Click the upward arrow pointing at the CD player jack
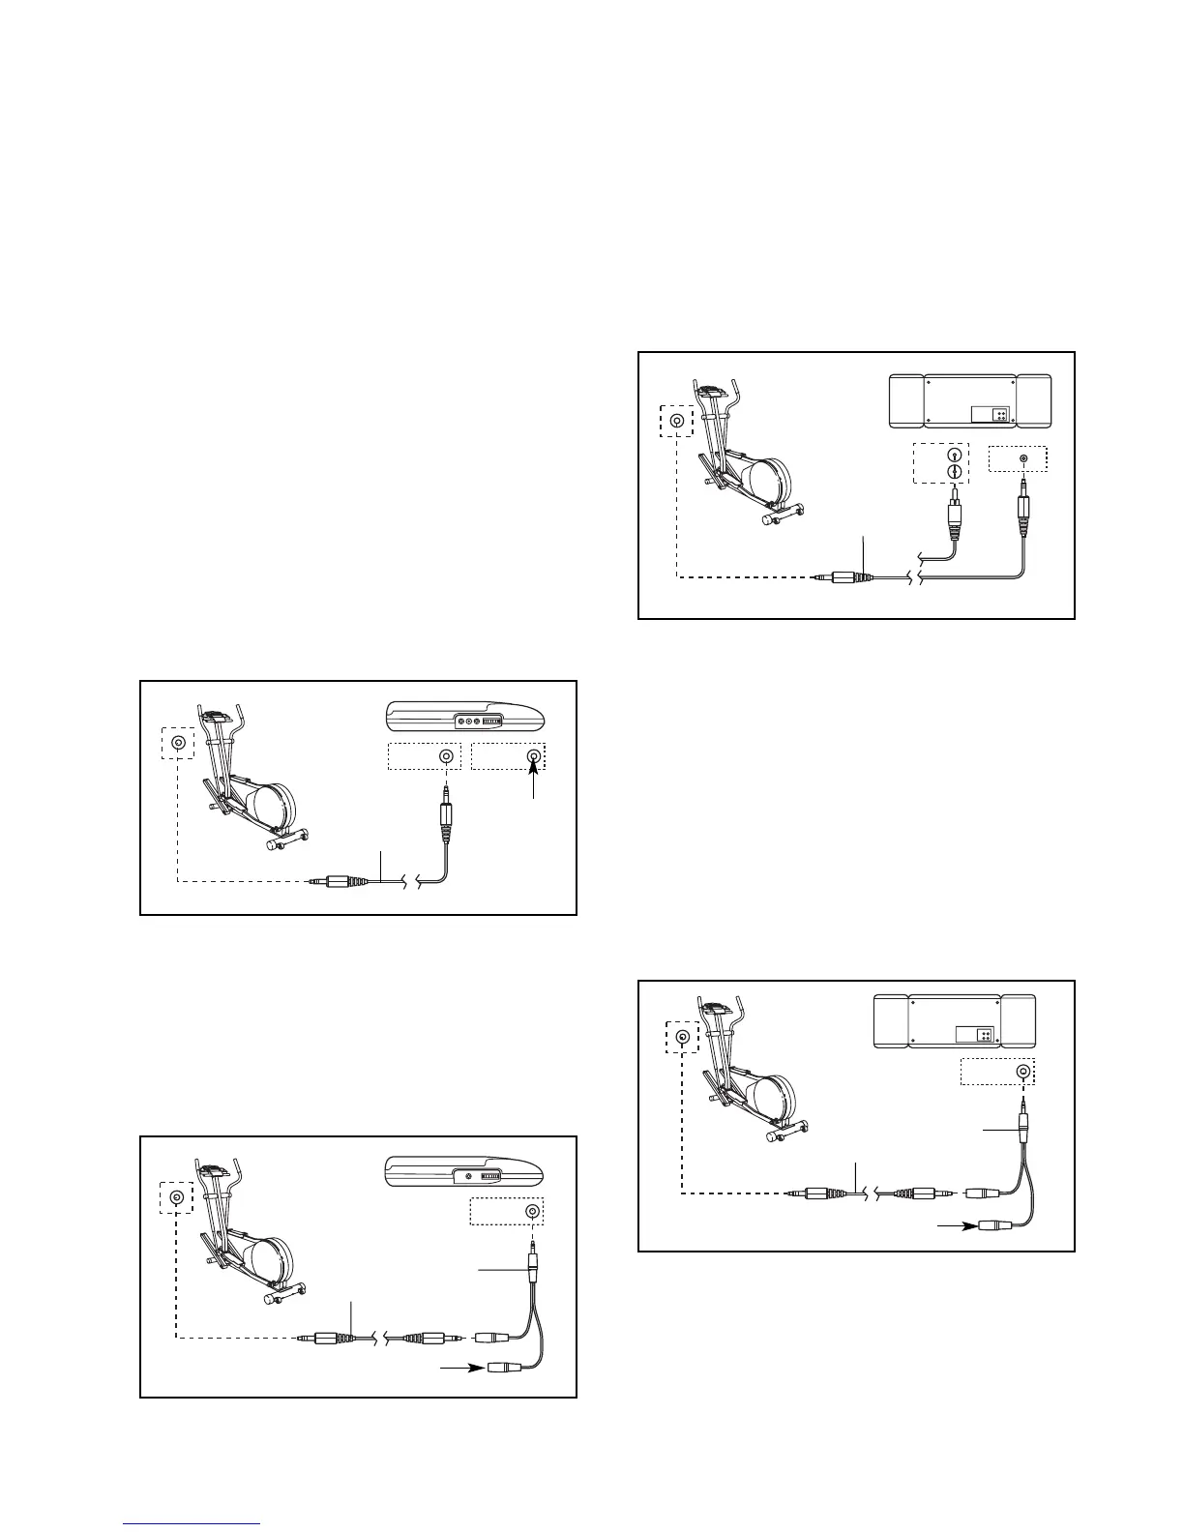click(533, 778)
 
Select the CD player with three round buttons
click(465, 719)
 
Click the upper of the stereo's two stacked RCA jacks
click(955, 454)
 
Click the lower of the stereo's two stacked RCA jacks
click(955, 472)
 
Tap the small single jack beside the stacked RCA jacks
click(1023, 457)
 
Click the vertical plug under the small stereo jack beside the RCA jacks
click(1023, 504)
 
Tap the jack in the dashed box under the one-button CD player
click(532, 1212)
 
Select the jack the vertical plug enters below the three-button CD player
click(445, 756)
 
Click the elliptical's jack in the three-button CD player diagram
click(178, 743)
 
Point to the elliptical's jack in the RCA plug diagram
click(676, 421)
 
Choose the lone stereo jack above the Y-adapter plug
click(1022, 1071)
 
